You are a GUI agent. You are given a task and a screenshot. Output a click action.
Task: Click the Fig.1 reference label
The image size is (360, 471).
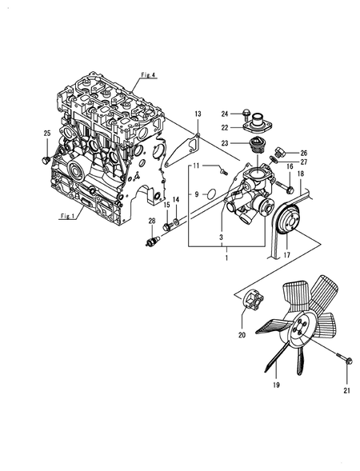67,216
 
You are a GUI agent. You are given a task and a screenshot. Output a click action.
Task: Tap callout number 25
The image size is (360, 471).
47,132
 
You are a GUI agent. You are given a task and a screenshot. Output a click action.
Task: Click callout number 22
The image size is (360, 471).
225,127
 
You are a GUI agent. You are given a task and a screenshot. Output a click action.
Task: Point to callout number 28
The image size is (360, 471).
151,221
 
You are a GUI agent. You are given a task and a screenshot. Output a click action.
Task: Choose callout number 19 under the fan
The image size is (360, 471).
275,385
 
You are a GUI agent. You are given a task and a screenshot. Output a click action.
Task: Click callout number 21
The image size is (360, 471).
346,389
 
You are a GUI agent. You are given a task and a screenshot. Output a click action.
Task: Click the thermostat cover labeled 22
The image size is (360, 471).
254,126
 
